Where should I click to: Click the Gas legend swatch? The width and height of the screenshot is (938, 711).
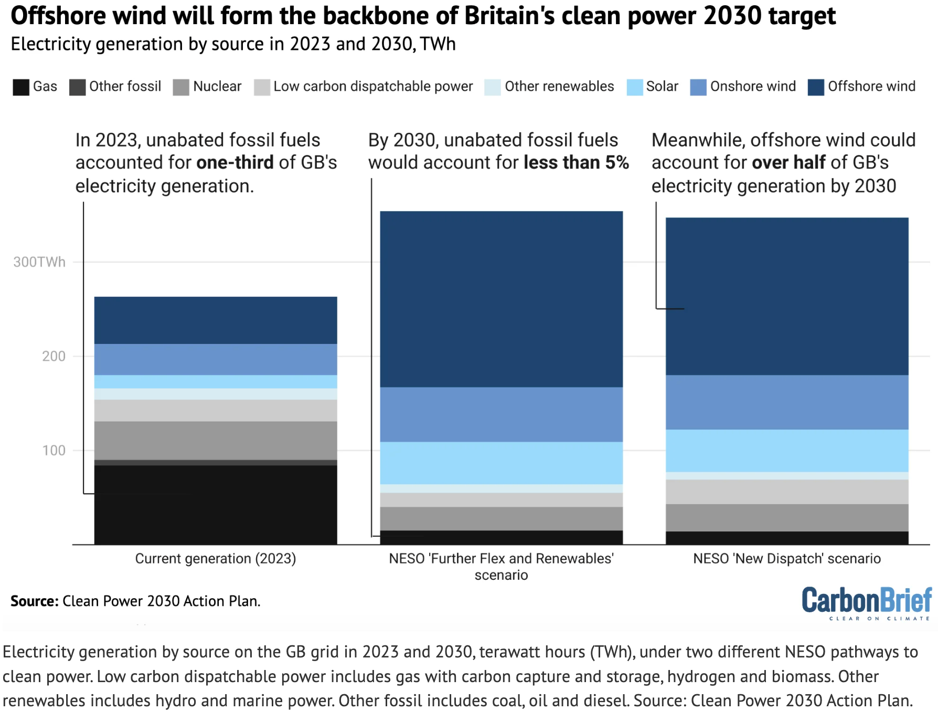(x=21, y=87)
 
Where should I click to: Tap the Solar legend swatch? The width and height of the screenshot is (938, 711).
(x=635, y=87)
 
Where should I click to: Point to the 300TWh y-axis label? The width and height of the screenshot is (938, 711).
(x=39, y=262)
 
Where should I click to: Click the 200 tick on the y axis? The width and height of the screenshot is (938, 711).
(x=54, y=357)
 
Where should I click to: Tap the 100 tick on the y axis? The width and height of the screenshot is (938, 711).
(x=54, y=451)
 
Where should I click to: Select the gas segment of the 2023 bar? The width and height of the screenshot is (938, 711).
(x=216, y=504)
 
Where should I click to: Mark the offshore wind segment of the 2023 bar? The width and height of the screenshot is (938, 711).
(x=216, y=320)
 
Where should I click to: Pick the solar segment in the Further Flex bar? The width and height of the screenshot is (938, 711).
(x=501, y=463)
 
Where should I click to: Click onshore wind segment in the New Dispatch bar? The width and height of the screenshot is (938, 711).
(x=787, y=402)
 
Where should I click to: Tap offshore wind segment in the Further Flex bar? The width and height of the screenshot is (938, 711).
(x=501, y=299)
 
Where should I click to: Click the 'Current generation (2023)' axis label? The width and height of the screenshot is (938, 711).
(x=216, y=559)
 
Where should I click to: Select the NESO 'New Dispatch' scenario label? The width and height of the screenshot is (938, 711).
(x=787, y=559)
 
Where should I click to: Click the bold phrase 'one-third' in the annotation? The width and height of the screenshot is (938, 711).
(x=235, y=163)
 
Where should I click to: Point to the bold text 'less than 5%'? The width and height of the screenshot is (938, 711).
(x=576, y=163)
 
